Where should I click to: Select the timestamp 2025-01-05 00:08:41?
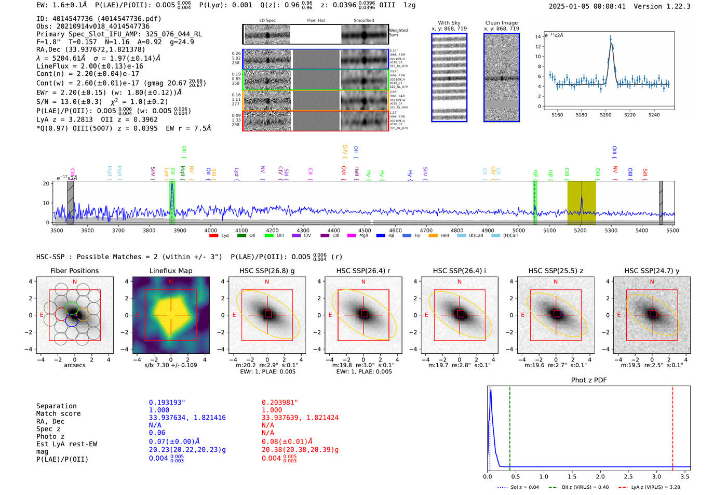(x=587, y=6)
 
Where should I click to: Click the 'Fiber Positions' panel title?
(x=74, y=271)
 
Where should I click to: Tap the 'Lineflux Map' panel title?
(x=170, y=271)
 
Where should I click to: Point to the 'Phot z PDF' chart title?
(x=589, y=380)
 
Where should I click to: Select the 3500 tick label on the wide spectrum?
(x=57, y=230)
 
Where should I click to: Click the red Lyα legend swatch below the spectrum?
(x=213, y=236)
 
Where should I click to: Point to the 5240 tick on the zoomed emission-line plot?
(x=654, y=115)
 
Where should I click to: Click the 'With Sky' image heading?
(x=449, y=23)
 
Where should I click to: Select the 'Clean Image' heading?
(x=501, y=23)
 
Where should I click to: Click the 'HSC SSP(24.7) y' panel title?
(x=652, y=271)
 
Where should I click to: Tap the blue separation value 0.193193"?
(x=167, y=403)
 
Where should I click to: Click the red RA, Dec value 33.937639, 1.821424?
(x=300, y=418)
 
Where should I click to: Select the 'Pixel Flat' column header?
(x=316, y=20)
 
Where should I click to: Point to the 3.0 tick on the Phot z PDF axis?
(x=656, y=476)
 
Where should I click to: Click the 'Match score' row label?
(x=58, y=413)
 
